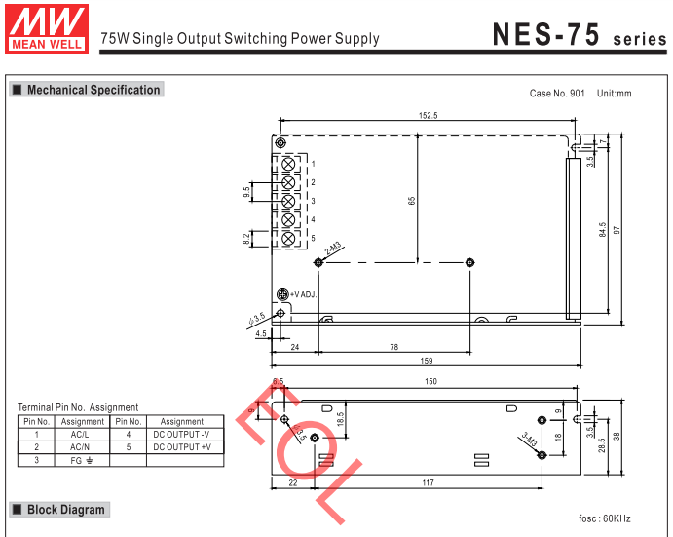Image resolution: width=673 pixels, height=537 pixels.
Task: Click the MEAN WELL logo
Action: [x=46, y=26]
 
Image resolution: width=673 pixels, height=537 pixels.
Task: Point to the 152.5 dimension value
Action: [x=428, y=115]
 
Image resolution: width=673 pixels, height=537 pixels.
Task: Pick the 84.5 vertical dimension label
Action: [x=603, y=230]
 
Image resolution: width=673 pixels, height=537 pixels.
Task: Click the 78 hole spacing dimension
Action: [x=393, y=346]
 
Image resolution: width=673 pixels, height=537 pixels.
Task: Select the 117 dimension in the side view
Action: [x=428, y=482]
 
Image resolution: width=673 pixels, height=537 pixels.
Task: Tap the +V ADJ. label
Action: [x=303, y=293]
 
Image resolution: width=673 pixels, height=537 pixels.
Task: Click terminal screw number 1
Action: [x=288, y=164]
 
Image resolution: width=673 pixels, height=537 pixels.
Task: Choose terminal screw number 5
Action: [x=288, y=238]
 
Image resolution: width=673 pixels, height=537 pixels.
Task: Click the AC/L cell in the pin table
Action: [x=82, y=434]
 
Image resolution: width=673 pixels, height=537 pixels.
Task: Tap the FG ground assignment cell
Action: [x=82, y=459]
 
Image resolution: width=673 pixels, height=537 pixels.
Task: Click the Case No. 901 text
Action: [x=557, y=94]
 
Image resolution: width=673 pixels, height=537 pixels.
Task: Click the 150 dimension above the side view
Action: [x=430, y=381]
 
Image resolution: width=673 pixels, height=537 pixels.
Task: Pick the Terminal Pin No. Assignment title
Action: [x=78, y=407]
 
